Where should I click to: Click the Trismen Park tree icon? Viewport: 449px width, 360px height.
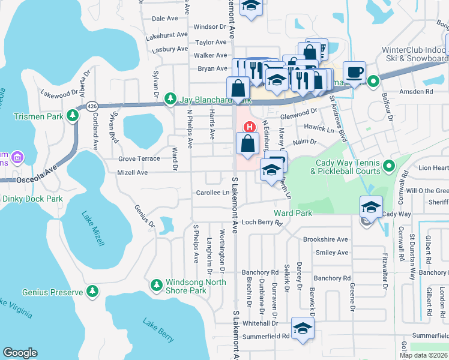coord(73,115)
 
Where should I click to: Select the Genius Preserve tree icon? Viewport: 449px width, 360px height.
coord(92,292)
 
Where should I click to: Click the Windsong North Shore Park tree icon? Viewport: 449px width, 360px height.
coord(156,284)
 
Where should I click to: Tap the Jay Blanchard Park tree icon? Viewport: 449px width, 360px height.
coord(170,98)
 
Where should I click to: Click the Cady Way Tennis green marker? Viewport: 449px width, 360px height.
coord(388,165)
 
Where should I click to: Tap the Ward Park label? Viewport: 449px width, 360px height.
coord(293,213)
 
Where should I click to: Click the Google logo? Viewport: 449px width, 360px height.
coord(20,353)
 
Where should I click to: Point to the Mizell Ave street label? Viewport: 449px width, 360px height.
coord(133,172)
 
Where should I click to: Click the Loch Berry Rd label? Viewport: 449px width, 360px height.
coord(262,222)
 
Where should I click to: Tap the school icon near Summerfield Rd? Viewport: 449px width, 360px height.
coord(303,329)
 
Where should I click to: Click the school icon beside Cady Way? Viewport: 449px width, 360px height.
coord(371,208)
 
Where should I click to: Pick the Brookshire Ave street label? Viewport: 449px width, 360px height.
coord(325,239)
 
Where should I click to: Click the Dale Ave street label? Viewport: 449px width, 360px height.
coord(165,19)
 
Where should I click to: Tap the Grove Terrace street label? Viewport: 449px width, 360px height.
coord(139,158)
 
